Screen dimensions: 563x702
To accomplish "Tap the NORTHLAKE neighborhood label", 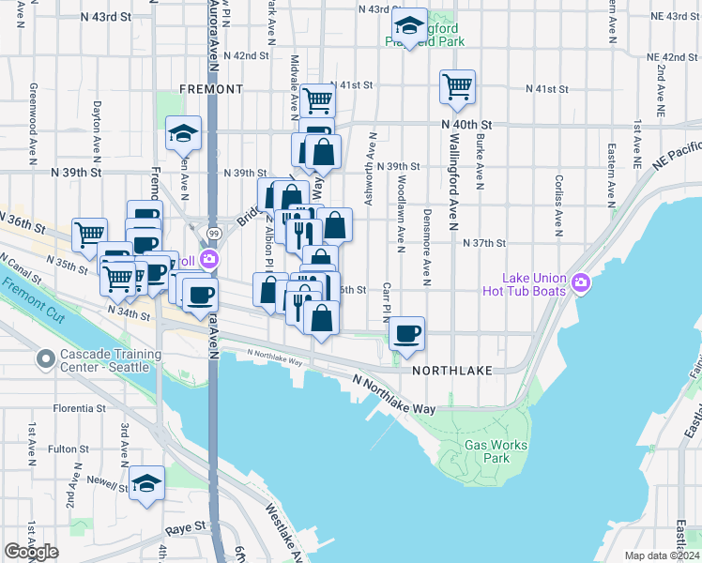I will click(x=451, y=372).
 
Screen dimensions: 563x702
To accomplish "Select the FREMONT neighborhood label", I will click(x=212, y=89).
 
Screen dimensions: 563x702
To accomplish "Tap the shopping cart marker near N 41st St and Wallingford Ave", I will click(x=457, y=87).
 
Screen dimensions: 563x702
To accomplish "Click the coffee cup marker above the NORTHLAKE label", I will click(x=406, y=334).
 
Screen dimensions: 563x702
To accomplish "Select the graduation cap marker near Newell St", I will click(x=146, y=484).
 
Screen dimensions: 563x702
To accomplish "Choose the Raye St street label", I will click(x=187, y=528).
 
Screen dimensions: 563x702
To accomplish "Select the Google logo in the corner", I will click(x=31, y=552).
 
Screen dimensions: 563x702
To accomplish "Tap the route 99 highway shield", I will click(x=214, y=232).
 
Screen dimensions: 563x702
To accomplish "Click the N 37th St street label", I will click(x=484, y=242).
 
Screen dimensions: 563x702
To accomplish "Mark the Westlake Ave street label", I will click(x=282, y=526).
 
